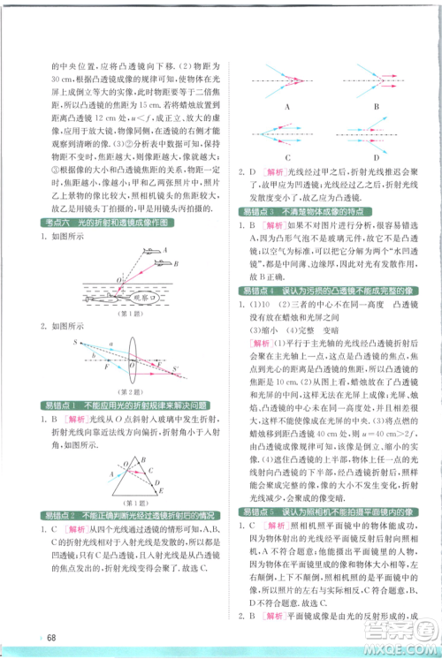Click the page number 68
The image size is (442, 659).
tap(53, 638)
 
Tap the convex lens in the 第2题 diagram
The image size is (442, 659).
tap(123, 357)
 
